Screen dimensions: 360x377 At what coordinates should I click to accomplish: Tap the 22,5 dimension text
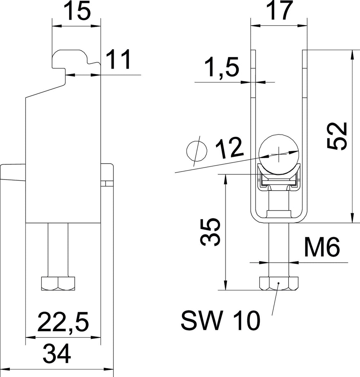63,322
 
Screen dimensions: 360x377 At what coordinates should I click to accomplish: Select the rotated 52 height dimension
337,136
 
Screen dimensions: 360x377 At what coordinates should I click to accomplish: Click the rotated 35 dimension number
210,232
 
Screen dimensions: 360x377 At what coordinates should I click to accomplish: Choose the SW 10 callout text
221,321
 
